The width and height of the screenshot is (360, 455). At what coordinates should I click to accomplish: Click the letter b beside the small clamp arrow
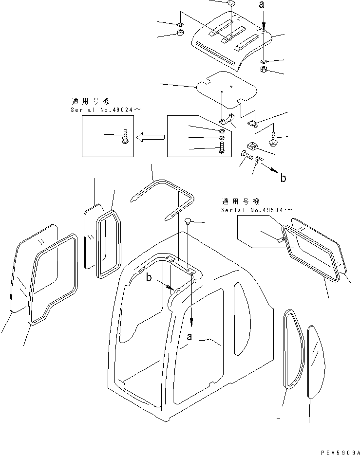coord(283,178)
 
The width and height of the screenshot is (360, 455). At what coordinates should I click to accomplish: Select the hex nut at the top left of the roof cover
coord(179,34)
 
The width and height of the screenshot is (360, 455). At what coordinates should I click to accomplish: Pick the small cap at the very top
coord(231,4)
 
